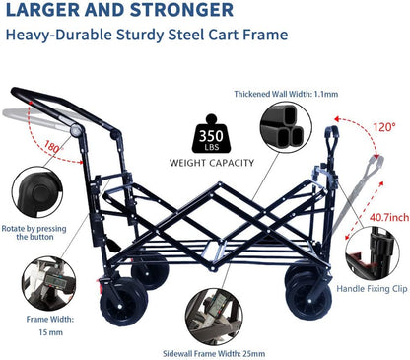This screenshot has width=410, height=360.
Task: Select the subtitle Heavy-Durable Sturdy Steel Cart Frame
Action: [x=147, y=36]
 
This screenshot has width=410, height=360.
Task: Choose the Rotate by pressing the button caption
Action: [x=34, y=234]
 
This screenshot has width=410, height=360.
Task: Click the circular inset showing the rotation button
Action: [x=34, y=191]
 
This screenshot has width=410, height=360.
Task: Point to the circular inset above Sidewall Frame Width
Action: [x=213, y=315]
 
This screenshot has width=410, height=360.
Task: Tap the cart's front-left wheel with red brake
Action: [x=123, y=307]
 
